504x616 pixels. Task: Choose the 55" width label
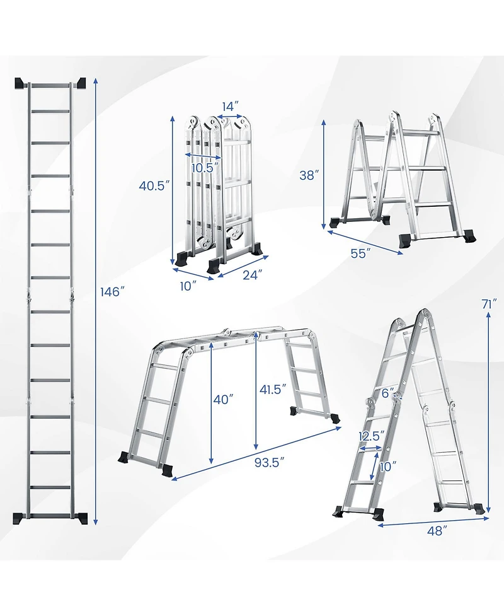[360, 253]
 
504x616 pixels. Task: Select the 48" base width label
[435, 531]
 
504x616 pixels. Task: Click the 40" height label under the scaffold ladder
[223, 399]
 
